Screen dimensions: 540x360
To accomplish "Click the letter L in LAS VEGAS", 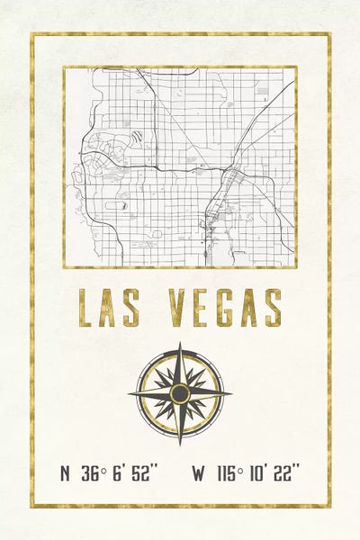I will point(85,308).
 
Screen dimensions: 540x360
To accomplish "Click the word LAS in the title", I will point(111,308).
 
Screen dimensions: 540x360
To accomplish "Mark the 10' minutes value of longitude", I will point(256,472).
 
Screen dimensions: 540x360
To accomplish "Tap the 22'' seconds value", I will point(286,472).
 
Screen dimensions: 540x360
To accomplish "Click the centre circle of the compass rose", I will point(180,393).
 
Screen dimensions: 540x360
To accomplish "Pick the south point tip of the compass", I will point(180,443).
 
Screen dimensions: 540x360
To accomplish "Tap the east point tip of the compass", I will point(229,393).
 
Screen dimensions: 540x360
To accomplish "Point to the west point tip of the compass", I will point(130,393).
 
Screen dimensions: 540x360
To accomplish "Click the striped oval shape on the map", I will point(136,137).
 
